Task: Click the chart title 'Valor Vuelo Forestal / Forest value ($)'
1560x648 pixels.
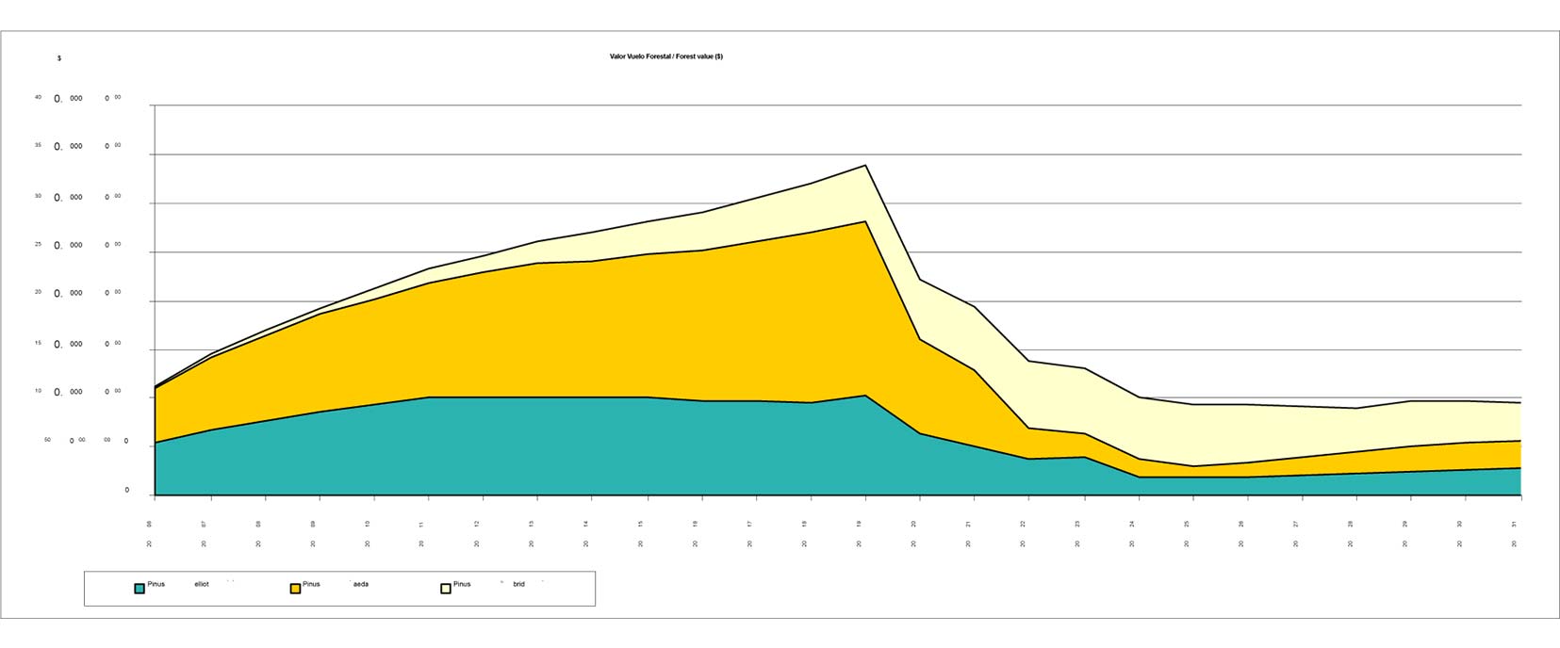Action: pos(665,57)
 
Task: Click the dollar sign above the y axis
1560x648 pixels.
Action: pos(59,58)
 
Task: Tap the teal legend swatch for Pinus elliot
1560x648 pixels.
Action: pos(140,589)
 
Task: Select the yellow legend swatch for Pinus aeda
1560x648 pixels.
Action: pos(295,589)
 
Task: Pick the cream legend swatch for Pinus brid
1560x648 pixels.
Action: pos(446,589)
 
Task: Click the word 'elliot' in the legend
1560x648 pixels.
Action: pos(202,584)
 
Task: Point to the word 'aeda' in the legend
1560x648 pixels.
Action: pos(360,584)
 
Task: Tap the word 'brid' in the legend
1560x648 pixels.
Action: pos(518,584)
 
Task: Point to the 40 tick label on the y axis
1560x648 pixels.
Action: pos(39,97)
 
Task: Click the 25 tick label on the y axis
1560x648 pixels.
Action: pos(39,244)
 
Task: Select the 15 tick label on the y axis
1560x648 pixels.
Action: pos(39,343)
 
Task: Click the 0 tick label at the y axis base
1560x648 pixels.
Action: pos(127,491)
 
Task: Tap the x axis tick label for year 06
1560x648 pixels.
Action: pos(149,524)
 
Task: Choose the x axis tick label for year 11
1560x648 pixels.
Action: pos(421,524)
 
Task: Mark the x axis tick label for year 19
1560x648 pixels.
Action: pos(860,524)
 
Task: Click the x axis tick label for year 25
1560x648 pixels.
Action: pos(1188,524)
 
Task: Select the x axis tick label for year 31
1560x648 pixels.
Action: pos(1515,524)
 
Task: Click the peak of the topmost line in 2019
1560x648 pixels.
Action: pos(865,165)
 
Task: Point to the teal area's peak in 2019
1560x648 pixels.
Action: pos(865,396)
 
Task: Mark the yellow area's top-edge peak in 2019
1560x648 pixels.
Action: pos(865,221)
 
